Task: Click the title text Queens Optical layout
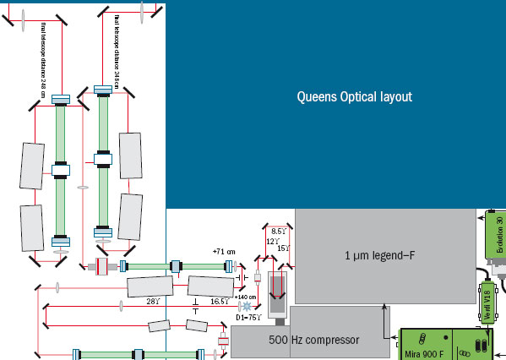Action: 354,97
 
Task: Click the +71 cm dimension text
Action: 224,252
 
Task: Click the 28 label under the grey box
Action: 153,301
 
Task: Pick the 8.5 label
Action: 278,231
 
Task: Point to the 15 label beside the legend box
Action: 283,248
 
